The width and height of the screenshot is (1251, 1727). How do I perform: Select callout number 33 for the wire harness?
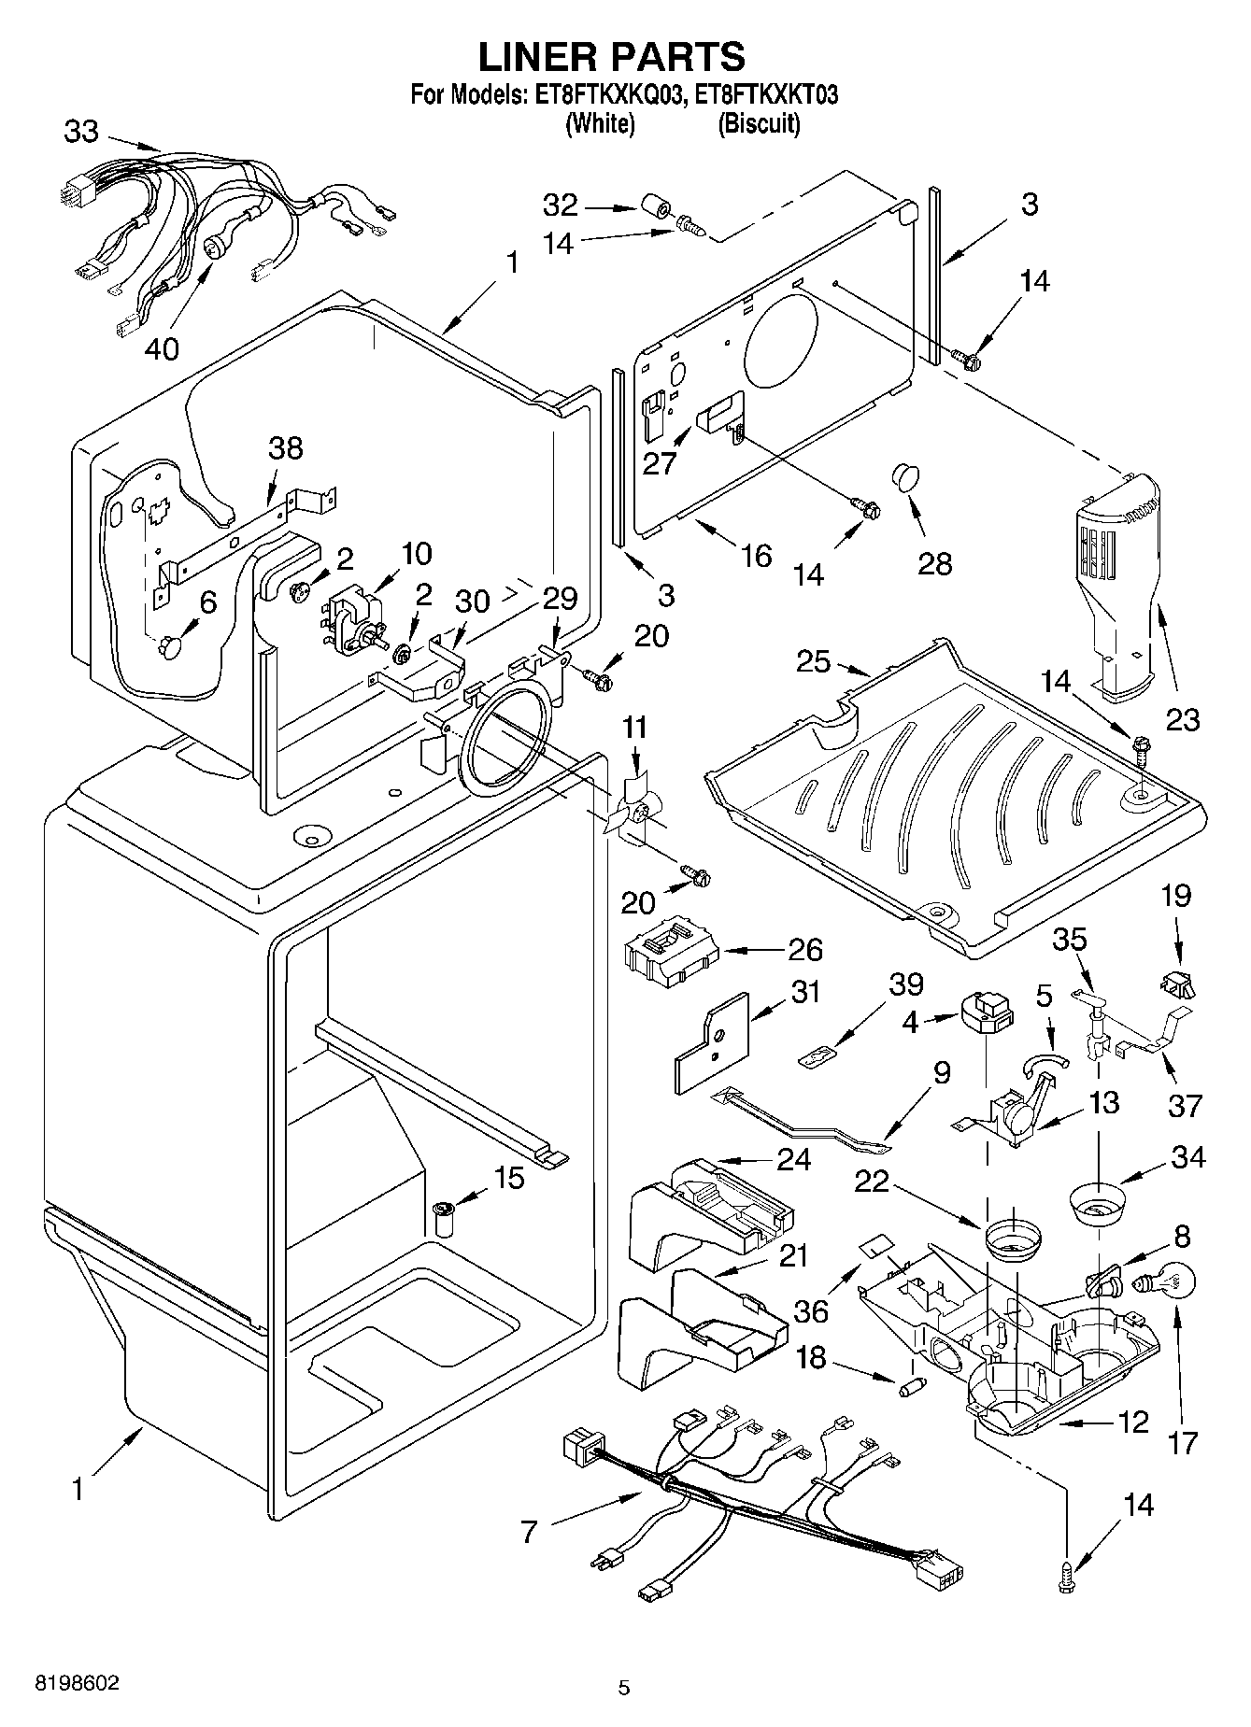(x=81, y=132)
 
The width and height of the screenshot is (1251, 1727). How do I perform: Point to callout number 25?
(x=813, y=661)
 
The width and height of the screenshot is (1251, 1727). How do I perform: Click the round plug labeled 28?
(x=904, y=474)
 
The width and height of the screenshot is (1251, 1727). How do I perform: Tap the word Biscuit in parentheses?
(x=759, y=123)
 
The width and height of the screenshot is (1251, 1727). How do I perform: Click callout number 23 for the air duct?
(x=1182, y=719)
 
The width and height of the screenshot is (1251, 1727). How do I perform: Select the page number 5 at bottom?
(x=624, y=1688)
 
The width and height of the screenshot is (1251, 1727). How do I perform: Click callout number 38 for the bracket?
(x=286, y=448)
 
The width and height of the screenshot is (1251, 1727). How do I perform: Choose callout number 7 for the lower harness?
(x=530, y=1533)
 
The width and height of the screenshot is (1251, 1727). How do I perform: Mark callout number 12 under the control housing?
(x=1132, y=1423)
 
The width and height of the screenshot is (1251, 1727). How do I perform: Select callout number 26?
(x=804, y=951)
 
